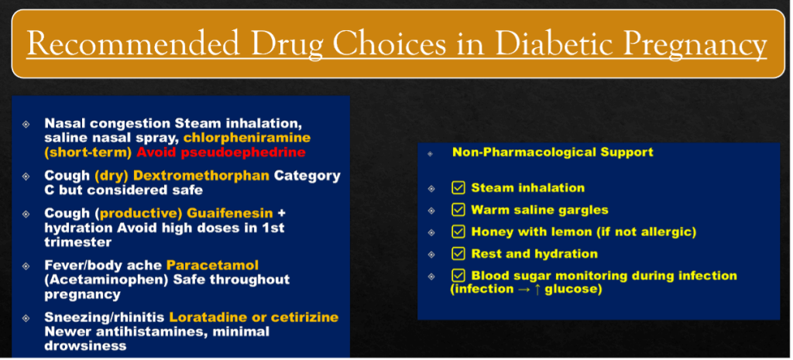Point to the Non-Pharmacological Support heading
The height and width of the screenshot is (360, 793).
pos(553,152)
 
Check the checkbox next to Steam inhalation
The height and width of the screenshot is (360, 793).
pos(458,188)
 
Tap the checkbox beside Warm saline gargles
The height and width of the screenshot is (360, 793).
pos(458,210)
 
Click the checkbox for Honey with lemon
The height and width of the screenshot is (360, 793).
pos(458,231)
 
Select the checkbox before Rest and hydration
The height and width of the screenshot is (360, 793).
pos(458,254)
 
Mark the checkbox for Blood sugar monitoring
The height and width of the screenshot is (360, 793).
pos(458,276)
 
